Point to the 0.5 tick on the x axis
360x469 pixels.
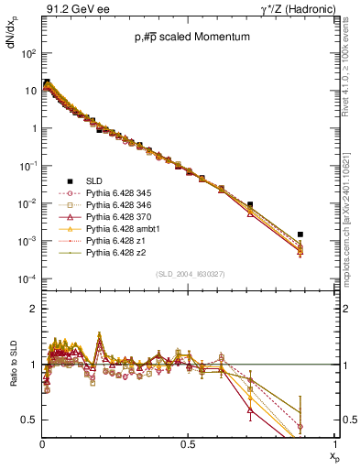tap(188, 444)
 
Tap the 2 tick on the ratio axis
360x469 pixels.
tap(33, 309)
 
